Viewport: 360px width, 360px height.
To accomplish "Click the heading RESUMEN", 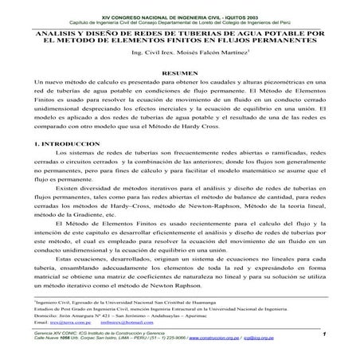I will (179, 72).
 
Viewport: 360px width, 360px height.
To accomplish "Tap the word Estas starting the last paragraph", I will (67, 260).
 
